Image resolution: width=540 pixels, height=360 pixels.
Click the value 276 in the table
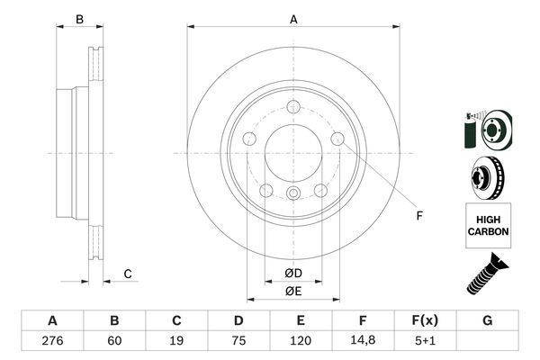point(52,342)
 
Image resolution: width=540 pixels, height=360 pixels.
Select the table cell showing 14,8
point(363,342)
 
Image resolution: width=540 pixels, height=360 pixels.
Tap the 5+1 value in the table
point(425,342)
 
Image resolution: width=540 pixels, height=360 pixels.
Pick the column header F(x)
point(425,320)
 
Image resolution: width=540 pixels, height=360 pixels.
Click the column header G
point(487,320)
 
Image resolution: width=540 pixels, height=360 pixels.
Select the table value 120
point(301,342)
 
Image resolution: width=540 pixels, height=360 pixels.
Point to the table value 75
point(238,342)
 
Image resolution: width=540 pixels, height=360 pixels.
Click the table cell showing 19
point(176,342)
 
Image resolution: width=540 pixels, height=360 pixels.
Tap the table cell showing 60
point(114,342)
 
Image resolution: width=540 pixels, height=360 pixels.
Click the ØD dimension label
point(293,273)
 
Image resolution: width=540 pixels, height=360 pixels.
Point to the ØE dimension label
point(293,291)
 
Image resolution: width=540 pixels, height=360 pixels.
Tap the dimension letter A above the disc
point(293,19)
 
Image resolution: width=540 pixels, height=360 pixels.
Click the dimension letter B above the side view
point(79,19)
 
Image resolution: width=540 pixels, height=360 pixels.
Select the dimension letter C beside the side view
point(128,274)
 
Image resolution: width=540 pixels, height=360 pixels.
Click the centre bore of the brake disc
point(293,144)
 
